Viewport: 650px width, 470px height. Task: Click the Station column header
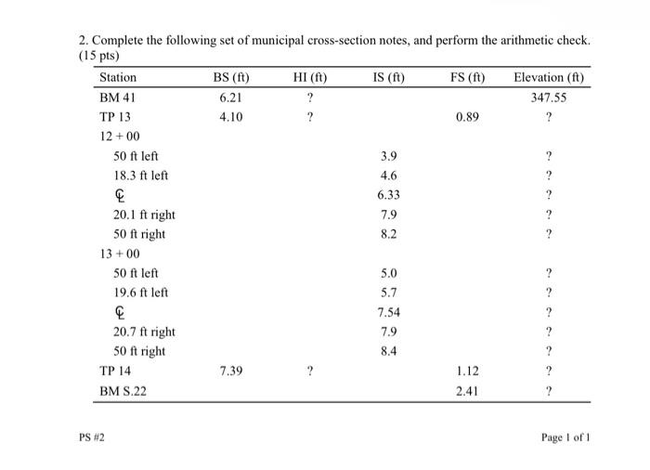(x=118, y=77)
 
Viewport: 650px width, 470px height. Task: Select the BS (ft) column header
(x=230, y=77)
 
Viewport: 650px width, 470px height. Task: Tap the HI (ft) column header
(x=309, y=77)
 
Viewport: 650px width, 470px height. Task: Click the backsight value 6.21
(x=230, y=97)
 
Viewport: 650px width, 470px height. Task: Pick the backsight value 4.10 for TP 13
(x=230, y=116)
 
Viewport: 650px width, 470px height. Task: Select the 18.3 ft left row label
(x=140, y=175)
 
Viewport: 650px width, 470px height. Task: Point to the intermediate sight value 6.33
(x=388, y=195)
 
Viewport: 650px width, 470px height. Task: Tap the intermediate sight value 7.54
(x=388, y=312)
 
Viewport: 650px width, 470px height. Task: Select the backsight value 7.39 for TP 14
(x=230, y=371)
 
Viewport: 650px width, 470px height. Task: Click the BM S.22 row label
(x=123, y=390)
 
